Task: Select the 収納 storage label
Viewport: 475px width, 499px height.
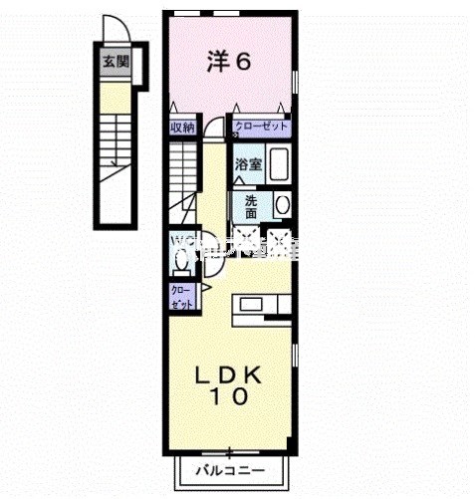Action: pyautogui.click(x=180, y=126)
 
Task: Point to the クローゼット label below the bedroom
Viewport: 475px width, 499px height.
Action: pyautogui.click(x=262, y=126)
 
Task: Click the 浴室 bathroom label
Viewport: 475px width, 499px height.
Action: pyautogui.click(x=249, y=164)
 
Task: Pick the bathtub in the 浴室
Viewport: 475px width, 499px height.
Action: pyautogui.click(x=278, y=163)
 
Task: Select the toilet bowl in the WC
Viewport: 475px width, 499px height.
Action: pyautogui.click(x=181, y=261)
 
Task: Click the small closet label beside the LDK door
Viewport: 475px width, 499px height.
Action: pyautogui.click(x=181, y=295)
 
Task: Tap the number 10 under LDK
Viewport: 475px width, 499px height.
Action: pyautogui.click(x=229, y=395)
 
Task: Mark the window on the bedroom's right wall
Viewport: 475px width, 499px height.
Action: pyautogui.click(x=296, y=80)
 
